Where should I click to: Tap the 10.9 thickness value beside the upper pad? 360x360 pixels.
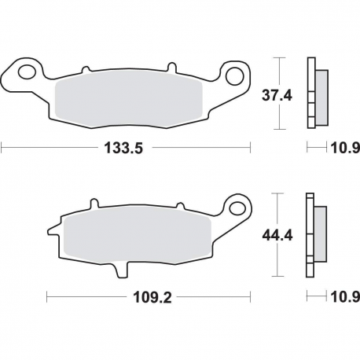[342, 147]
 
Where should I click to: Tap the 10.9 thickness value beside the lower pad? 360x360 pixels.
[342, 297]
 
